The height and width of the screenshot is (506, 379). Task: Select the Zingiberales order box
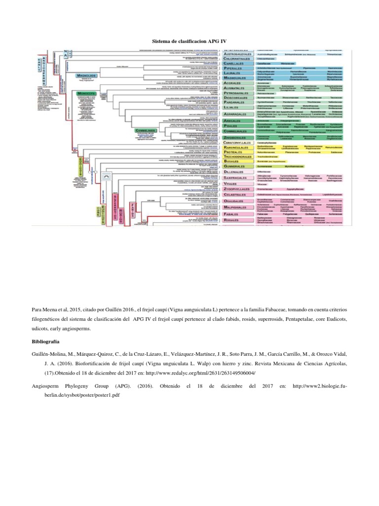pyautogui.click(x=239, y=137)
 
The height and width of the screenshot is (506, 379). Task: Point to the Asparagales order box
pyautogui.click(x=239, y=114)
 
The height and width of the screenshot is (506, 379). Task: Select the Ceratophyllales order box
pyautogui.click(x=241, y=142)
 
